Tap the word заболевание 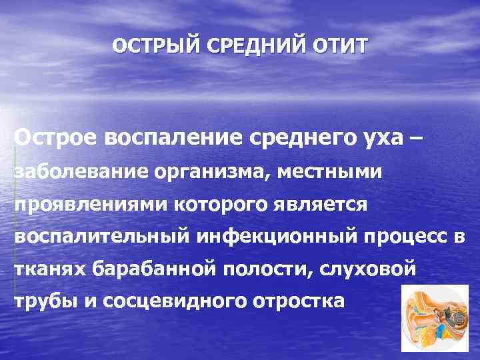coord(81,171)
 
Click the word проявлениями coord(91,204)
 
